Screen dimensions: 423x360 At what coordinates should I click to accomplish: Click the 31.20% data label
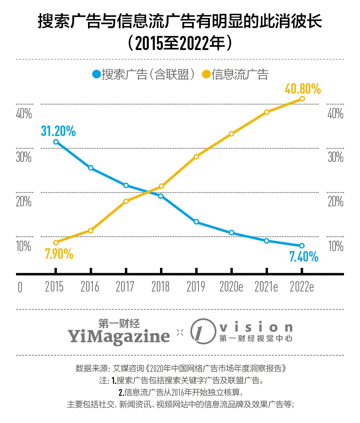coord(58,131)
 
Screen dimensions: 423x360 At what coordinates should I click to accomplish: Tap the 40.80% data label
coord(303,89)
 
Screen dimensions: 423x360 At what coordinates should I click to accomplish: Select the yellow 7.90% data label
coord(59,253)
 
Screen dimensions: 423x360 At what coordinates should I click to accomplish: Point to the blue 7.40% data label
coord(304,256)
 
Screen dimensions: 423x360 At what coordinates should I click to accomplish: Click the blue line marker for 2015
coord(56,142)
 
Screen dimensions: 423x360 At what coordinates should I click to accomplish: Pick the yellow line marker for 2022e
coord(302,99)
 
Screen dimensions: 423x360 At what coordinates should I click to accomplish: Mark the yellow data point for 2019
coord(196,156)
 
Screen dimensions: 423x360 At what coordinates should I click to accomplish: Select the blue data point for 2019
coord(196,222)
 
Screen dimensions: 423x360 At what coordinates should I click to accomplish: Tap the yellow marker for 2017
coord(126,201)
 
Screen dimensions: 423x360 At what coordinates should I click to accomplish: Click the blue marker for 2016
coord(91,168)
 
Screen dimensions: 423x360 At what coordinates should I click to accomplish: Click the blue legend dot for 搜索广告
coord(96,74)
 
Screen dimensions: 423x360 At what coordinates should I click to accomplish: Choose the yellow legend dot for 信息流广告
coord(206,74)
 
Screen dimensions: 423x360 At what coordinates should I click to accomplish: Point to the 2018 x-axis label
coord(161,287)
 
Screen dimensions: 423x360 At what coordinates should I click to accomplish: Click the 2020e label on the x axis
coord(231,287)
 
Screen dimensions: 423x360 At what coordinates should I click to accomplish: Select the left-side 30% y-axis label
coord(24,157)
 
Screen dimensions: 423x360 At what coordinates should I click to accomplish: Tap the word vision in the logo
coord(256,327)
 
